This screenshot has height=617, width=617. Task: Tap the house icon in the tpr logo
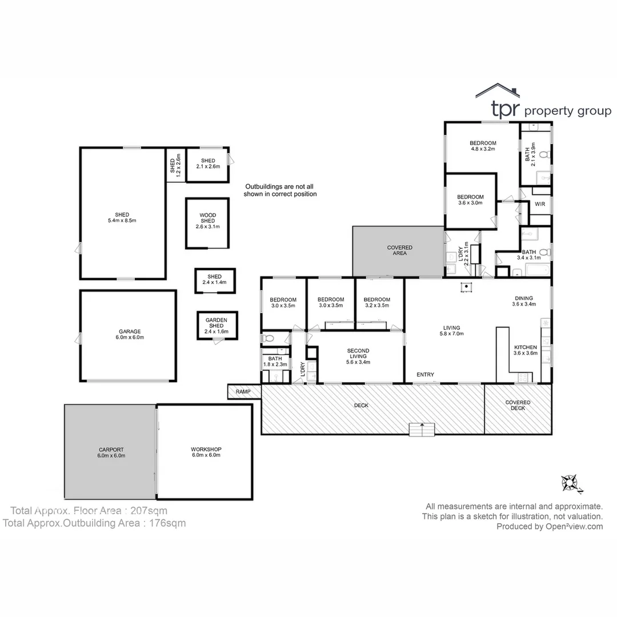498,91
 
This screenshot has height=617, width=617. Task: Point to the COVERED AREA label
399,250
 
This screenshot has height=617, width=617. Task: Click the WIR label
539,205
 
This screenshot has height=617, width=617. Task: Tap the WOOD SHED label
207,221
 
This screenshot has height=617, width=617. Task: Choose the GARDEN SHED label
217,323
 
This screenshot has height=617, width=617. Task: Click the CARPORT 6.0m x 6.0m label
111,452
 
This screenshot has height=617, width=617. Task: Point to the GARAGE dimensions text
130,338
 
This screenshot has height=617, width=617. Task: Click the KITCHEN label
525,347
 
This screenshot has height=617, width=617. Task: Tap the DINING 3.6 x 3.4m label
523,301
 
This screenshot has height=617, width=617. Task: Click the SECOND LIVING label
358,356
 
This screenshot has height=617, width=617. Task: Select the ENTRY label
425,375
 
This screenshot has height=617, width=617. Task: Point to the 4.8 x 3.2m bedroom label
483,146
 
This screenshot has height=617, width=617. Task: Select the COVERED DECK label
518,405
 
